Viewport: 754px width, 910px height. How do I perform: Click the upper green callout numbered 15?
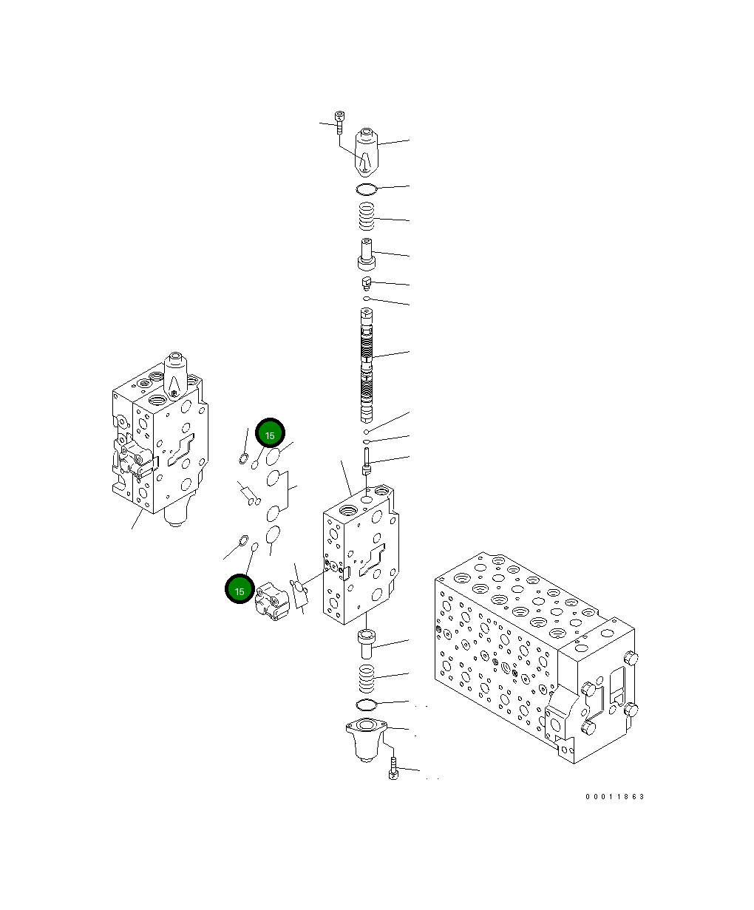click(269, 435)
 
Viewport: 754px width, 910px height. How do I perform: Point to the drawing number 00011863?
click(614, 796)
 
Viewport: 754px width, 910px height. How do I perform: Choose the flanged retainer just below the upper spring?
click(367, 255)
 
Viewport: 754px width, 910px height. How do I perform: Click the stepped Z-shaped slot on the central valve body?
click(373, 561)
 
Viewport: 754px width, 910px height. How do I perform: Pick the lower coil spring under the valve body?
click(367, 676)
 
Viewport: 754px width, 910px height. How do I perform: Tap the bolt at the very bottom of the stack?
click(393, 769)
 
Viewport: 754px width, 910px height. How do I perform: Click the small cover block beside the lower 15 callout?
click(271, 600)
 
